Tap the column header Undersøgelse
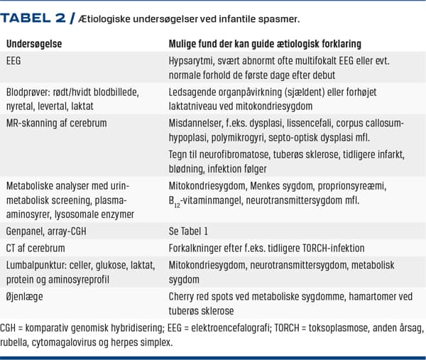33,43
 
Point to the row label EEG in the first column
14,62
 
